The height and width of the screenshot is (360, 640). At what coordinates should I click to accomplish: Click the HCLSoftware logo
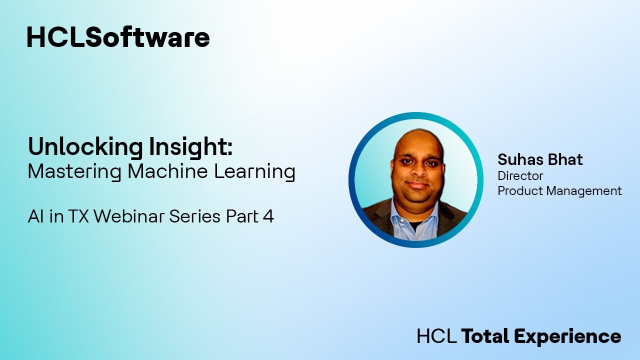click(118, 37)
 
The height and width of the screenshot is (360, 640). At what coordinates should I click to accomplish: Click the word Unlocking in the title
click(85, 147)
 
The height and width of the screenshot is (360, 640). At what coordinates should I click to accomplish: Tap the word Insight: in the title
click(190, 147)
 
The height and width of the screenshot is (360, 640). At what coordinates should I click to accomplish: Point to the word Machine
click(167, 171)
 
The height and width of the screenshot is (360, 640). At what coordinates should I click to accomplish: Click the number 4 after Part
click(268, 216)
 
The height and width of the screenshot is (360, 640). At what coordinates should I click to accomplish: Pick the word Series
click(195, 216)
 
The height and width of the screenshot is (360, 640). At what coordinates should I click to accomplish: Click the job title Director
click(520, 176)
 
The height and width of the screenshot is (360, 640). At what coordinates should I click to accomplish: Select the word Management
click(584, 191)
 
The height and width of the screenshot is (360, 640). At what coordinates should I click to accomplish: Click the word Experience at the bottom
click(568, 336)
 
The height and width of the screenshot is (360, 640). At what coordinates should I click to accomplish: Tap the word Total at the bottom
click(484, 336)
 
